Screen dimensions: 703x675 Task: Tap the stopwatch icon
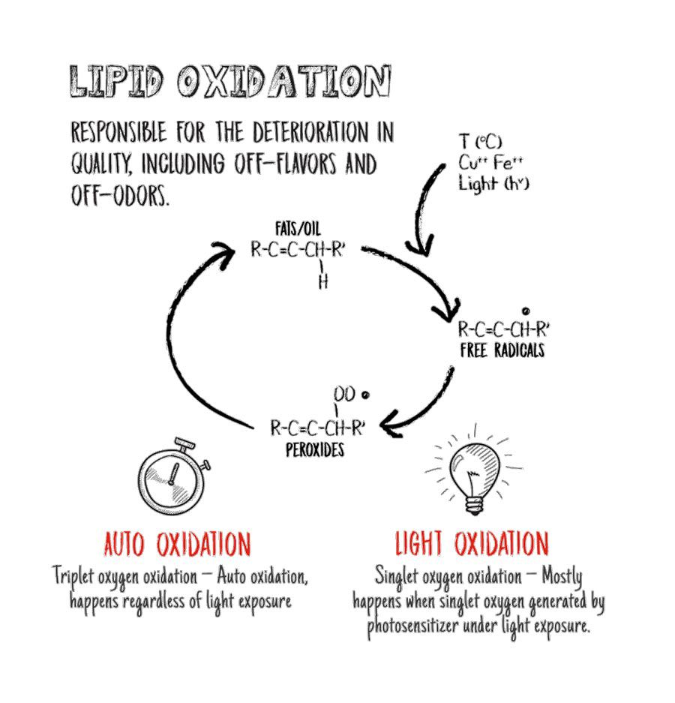(x=173, y=476)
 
